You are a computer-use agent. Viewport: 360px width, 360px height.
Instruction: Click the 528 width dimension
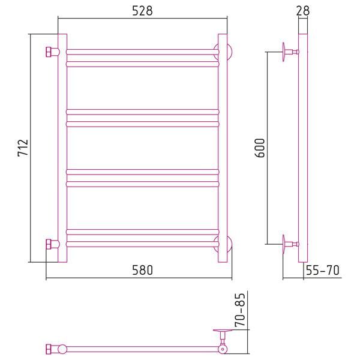point(142,11)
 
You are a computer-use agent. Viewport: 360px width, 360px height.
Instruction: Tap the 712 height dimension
point(23,148)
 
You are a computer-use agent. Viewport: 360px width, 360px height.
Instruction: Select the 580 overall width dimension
point(142,270)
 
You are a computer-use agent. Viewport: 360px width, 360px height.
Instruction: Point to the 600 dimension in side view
point(260,148)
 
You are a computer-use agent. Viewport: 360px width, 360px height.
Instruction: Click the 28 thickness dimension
point(303,11)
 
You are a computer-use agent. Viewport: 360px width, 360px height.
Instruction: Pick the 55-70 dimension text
point(323,270)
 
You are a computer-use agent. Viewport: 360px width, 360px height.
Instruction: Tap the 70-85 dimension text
point(240,310)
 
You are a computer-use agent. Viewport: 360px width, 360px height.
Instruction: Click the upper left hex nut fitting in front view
point(52,52)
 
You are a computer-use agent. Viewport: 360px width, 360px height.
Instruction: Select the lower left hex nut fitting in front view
point(52,244)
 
